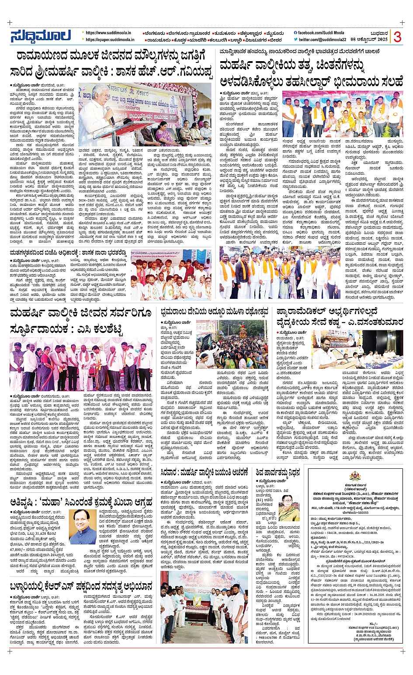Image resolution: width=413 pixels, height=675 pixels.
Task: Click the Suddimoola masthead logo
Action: pyautogui.click(x=41, y=36)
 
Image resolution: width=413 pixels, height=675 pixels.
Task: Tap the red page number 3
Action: pyautogui.click(x=397, y=37)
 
